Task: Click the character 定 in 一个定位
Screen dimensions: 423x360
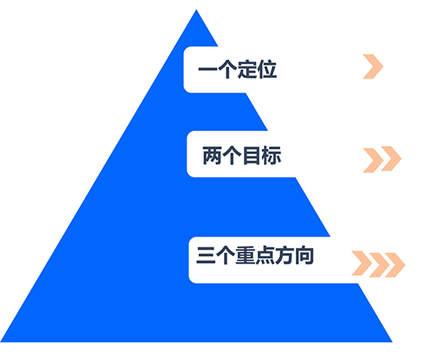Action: click(x=247, y=69)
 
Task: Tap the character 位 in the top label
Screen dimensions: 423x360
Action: click(x=267, y=69)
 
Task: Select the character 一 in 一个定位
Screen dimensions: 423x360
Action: click(x=208, y=69)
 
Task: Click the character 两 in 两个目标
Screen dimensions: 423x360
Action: click(x=213, y=155)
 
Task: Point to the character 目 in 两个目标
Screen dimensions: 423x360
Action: click(x=251, y=155)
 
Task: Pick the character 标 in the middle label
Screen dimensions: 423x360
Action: click(x=271, y=155)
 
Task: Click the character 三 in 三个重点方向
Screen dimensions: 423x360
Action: click(x=206, y=255)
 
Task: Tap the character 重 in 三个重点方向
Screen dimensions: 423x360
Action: click(x=245, y=255)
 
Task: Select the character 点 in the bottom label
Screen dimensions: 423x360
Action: click(x=265, y=255)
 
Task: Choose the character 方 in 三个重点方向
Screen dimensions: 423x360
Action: click(x=284, y=255)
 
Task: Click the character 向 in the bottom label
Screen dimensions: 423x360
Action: click(x=304, y=255)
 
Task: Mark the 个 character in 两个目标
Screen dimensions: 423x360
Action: click(x=232, y=155)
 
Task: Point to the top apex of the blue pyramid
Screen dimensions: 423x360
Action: click(x=196, y=10)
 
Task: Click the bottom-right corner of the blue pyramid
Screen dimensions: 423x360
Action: click(x=392, y=341)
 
